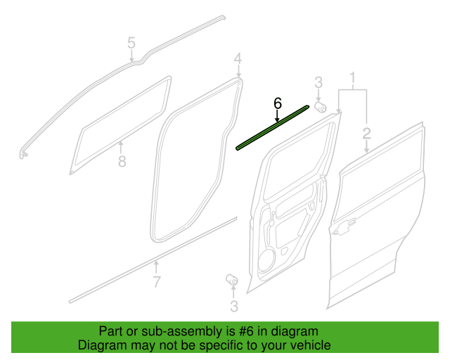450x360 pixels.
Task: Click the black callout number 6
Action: click(x=278, y=103)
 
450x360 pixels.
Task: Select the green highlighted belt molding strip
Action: click(x=273, y=127)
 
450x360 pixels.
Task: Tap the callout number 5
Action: click(x=131, y=43)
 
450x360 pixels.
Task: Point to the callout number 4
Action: click(x=238, y=59)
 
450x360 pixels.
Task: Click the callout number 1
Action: click(x=352, y=78)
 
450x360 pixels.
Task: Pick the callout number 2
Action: click(x=366, y=134)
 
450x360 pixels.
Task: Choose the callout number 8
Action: click(x=122, y=161)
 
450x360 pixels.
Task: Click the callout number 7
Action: click(x=156, y=282)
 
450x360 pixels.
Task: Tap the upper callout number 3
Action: click(x=319, y=83)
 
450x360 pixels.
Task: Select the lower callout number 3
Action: click(x=234, y=307)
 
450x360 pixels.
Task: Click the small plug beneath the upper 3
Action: click(x=321, y=107)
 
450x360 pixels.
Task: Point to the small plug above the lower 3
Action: click(x=231, y=279)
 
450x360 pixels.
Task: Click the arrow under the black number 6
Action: click(x=277, y=116)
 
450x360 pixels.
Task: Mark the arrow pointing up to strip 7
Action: click(x=156, y=266)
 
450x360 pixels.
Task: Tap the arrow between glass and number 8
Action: click(x=121, y=147)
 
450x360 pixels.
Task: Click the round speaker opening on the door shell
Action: click(x=266, y=260)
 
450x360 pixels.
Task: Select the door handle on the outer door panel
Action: click(x=343, y=226)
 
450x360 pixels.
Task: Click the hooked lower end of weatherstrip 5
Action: click(x=24, y=154)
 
